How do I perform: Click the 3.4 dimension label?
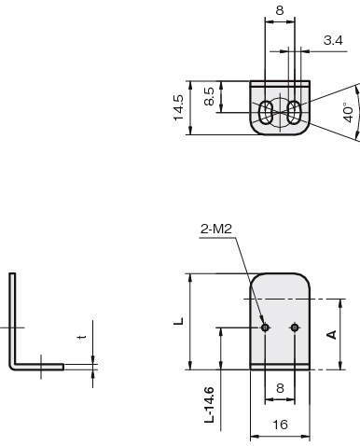[x=333, y=40]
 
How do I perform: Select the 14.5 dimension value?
[x=179, y=107]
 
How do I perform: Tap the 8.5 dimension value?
[x=210, y=96]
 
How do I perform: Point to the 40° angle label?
[x=349, y=112]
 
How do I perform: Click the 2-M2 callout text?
[x=216, y=230]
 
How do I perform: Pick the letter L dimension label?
[x=179, y=321]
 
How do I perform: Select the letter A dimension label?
[x=332, y=334]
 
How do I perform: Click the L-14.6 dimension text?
[x=210, y=405]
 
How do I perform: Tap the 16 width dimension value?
[x=280, y=425]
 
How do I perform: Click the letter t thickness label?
[x=82, y=338]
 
